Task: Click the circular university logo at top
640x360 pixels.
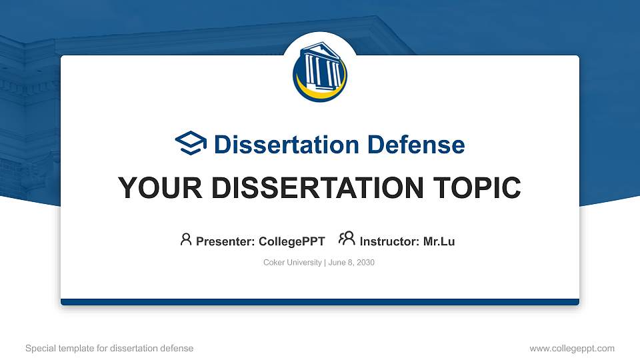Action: (x=320, y=73)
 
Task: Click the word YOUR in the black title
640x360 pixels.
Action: (x=154, y=189)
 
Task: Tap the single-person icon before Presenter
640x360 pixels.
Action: (x=186, y=240)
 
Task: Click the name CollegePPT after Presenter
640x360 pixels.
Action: (x=291, y=241)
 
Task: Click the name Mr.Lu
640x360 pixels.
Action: (x=439, y=241)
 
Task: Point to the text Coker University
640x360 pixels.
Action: (x=292, y=263)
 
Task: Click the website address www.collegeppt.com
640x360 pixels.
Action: (x=571, y=348)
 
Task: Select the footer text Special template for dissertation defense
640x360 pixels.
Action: (x=109, y=348)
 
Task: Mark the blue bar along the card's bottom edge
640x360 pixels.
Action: (x=320, y=302)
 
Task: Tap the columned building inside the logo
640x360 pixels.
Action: (x=321, y=67)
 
